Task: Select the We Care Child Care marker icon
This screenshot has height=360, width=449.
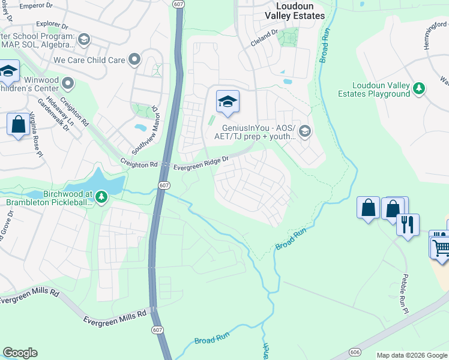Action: [134, 59]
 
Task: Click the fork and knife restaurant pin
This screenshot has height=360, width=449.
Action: [408, 225]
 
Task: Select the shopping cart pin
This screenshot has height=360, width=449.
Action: [441, 246]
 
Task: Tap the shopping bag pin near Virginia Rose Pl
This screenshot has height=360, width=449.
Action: [19, 124]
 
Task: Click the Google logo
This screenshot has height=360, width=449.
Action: [20, 353]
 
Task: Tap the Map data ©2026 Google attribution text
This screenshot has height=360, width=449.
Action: [412, 355]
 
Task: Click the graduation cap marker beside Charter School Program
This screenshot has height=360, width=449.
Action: [83, 40]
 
